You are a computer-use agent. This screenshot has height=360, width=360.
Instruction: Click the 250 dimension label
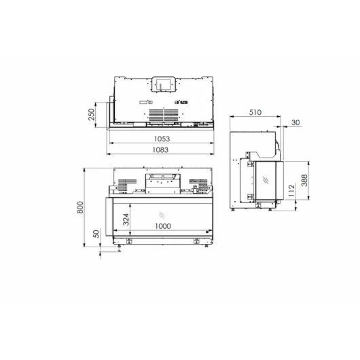click(x=92, y=114)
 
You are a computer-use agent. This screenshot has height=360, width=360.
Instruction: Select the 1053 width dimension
click(x=162, y=139)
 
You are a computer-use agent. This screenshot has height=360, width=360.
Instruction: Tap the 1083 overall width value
click(x=160, y=149)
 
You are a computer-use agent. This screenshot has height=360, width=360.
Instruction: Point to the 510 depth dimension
click(x=255, y=112)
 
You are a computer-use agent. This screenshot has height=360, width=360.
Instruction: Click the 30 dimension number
click(x=295, y=122)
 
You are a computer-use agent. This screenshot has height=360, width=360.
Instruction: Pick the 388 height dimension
click(x=304, y=180)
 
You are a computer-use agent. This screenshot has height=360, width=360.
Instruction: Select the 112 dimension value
click(x=291, y=190)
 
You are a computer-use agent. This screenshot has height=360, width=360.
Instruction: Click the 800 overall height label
click(x=80, y=207)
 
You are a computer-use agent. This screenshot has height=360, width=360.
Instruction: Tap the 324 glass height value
click(x=126, y=219)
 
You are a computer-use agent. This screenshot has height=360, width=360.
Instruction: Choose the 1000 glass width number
click(x=163, y=226)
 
